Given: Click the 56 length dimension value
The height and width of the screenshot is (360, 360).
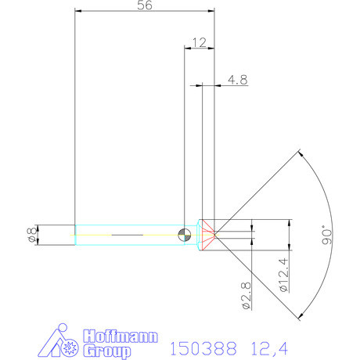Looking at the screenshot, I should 144,5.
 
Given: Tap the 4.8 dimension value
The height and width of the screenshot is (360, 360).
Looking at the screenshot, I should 238,79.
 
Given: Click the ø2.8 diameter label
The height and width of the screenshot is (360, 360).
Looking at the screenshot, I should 246,297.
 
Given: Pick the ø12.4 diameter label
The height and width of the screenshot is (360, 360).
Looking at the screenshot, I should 284,274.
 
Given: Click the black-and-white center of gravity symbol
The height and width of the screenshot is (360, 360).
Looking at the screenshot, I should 184,234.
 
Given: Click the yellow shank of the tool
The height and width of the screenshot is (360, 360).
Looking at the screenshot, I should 94,234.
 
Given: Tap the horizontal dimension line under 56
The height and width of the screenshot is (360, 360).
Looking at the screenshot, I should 144,11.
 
